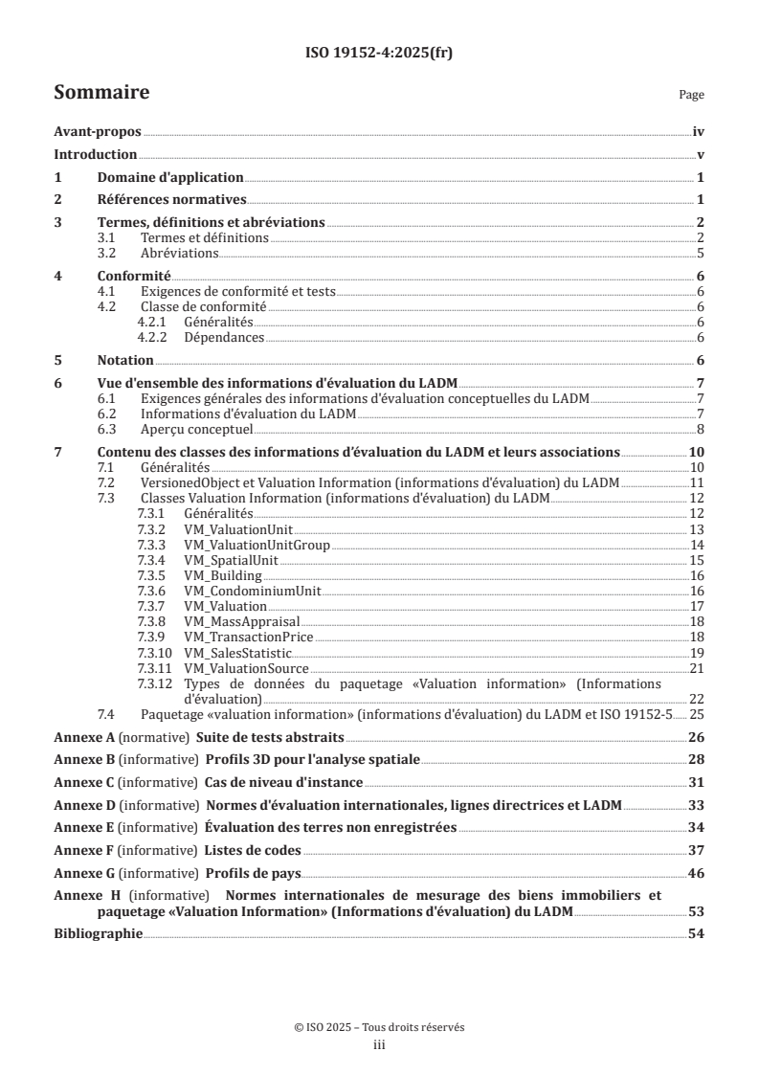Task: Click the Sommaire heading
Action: pos(101,93)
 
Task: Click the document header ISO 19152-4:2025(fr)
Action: pos(379,54)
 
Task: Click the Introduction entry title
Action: pos(96,155)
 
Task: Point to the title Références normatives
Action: pos(172,200)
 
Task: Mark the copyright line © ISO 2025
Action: pos(379,1027)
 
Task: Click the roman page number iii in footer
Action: pos(379,1045)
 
